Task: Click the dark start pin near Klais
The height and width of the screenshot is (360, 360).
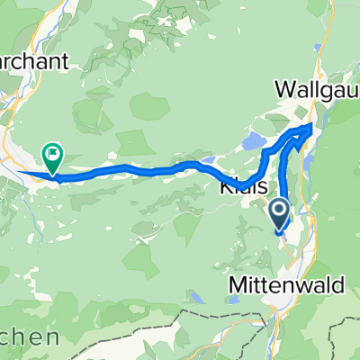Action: coord(280,212)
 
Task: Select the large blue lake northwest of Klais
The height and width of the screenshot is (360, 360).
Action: coord(254,141)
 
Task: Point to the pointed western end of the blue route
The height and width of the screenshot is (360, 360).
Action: coord(20,171)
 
